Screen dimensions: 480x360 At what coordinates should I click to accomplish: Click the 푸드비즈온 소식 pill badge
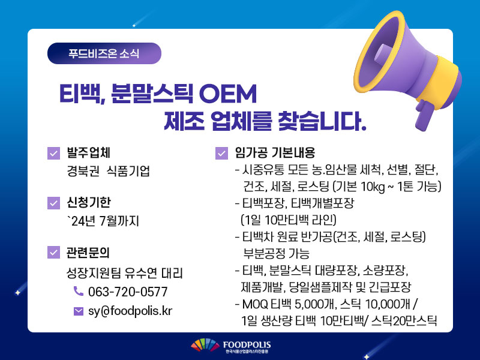coord(104,53)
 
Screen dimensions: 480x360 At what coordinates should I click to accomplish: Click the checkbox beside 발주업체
coord(53,154)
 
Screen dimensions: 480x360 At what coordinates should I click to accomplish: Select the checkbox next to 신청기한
coord(53,203)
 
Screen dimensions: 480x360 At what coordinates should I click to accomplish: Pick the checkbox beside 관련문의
coord(53,253)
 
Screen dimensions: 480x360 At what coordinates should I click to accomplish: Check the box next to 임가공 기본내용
coord(221,154)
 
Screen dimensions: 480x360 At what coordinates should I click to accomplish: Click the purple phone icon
coord(79,291)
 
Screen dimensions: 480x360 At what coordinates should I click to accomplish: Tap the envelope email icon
coord(79,311)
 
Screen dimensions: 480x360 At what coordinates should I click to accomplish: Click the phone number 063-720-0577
coord(128,292)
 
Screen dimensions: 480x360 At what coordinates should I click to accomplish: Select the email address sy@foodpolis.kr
coord(130,311)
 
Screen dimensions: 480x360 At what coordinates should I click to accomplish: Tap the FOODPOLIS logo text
coord(247,345)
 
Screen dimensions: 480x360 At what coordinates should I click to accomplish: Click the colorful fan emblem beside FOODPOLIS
coord(205,345)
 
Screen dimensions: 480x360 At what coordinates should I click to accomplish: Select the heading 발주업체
coord(88,153)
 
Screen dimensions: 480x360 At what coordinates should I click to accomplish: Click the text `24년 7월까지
coord(103,221)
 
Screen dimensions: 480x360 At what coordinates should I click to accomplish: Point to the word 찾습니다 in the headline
coord(322,121)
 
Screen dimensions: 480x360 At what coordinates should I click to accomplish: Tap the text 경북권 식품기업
coord(109,171)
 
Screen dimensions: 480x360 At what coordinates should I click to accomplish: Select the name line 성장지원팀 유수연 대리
coord(125,273)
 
